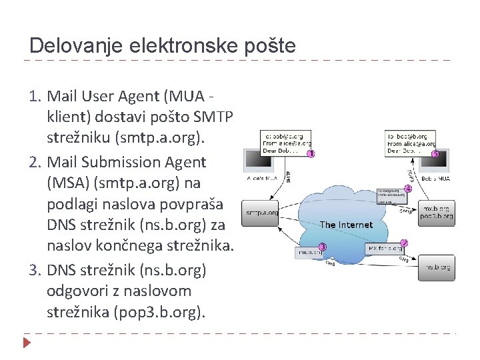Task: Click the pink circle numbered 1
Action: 311,155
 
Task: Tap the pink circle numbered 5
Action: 435,154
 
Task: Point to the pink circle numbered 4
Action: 408,189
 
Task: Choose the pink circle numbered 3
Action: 322,247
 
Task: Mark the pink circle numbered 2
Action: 404,244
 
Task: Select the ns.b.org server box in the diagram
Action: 437,267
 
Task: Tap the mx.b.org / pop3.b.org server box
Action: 437,212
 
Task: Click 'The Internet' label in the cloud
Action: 346,225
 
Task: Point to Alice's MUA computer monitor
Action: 259,162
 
